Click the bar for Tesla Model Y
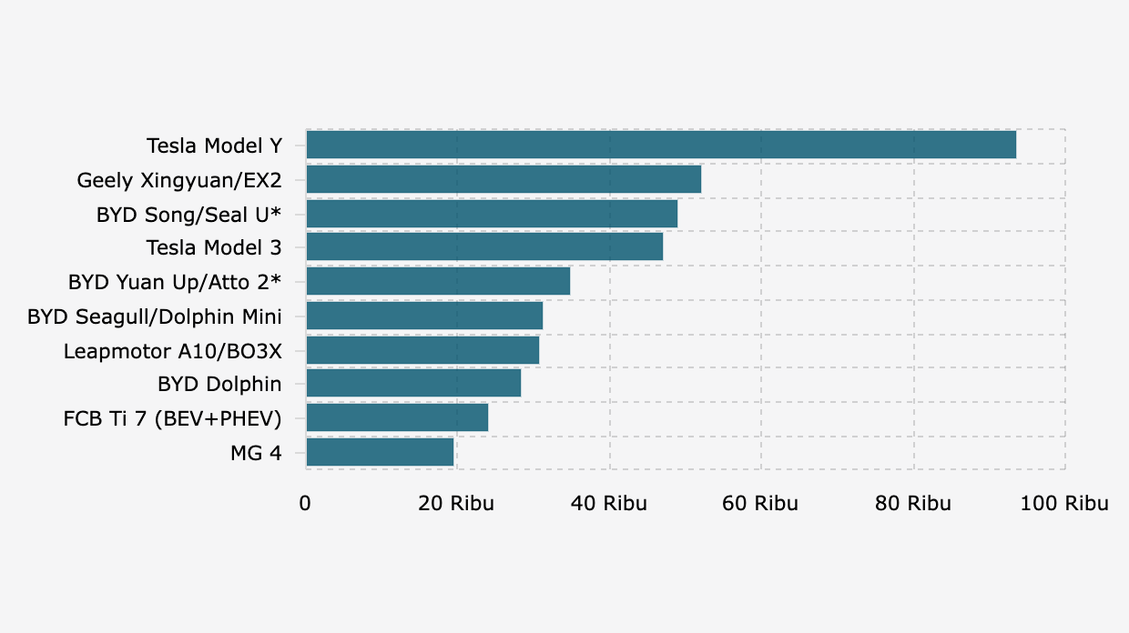(661, 145)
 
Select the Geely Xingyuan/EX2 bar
(503, 179)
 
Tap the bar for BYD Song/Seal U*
(492, 214)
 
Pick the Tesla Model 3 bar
(484, 246)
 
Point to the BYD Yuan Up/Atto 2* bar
(438, 281)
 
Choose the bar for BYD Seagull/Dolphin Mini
(424, 316)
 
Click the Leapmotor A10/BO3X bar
(422, 350)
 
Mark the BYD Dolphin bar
(413, 383)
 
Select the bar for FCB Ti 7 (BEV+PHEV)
(397, 417)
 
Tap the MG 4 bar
(380, 452)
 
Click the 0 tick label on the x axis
(305, 503)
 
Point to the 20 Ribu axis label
(456, 503)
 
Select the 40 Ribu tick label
(609, 503)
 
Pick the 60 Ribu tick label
(760, 503)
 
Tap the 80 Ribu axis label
(913, 503)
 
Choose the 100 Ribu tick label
(1064, 503)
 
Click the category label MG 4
(256, 453)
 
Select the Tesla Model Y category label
(214, 146)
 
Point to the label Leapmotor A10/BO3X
(172, 351)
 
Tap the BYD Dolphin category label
(219, 384)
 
